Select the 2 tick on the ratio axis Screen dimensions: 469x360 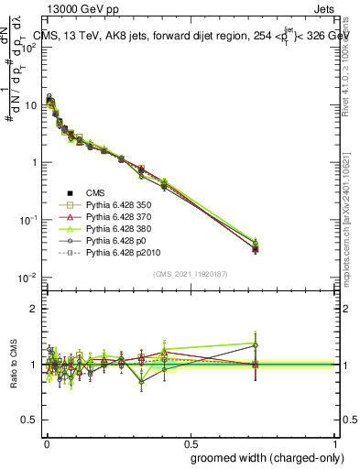pyautogui.click(x=34, y=309)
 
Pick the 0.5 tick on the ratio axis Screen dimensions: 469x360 pyautogui.click(x=29, y=420)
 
